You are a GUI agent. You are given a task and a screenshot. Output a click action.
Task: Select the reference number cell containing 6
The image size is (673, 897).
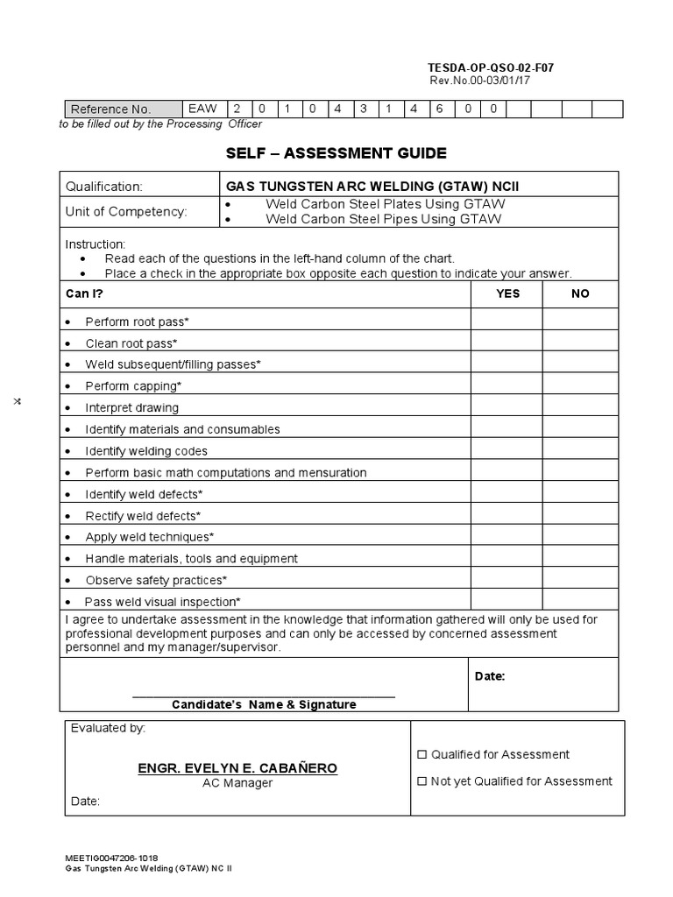click(441, 109)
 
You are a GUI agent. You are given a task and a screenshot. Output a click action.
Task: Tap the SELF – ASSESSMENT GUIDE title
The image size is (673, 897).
click(337, 153)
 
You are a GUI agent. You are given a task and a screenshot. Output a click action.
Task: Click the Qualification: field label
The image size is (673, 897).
click(103, 186)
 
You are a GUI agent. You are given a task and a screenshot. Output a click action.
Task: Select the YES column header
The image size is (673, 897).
click(507, 293)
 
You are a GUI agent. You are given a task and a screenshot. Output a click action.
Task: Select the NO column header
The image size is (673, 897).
click(580, 293)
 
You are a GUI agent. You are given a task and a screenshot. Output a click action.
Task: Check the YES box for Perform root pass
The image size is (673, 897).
click(507, 321)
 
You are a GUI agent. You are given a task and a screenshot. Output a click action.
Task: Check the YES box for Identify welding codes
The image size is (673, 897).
click(507, 450)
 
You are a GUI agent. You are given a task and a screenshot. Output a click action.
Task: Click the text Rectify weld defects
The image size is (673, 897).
click(143, 515)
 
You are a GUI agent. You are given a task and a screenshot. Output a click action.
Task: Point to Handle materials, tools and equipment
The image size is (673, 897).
click(191, 558)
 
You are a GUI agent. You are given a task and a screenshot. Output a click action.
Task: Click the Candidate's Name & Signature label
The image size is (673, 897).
click(264, 704)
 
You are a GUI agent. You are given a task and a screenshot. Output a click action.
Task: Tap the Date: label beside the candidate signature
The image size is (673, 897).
click(489, 676)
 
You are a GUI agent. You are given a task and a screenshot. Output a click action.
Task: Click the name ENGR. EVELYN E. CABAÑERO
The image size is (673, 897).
click(237, 768)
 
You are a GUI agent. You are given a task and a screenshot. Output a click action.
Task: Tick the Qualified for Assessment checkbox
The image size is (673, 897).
click(422, 754)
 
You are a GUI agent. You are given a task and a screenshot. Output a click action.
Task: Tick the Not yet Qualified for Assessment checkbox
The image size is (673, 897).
click(422, 781)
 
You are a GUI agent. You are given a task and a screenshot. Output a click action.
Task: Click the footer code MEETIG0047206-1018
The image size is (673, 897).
click(112, 858)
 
